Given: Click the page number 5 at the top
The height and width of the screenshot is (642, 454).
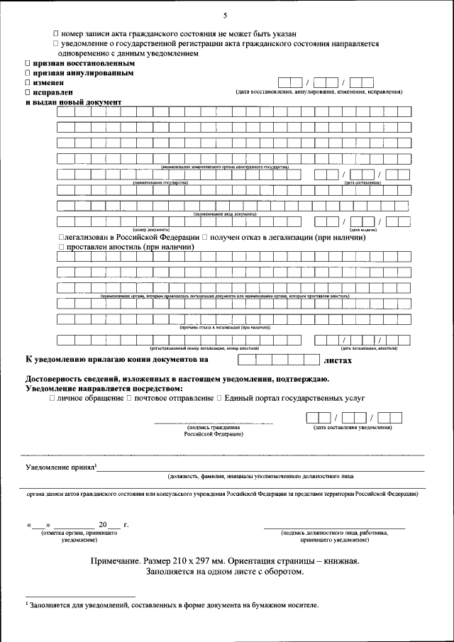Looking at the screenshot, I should pos(225,16).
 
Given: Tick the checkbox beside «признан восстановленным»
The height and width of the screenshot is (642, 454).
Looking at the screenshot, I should pos(28,64).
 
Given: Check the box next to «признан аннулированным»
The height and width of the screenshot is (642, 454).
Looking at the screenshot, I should pos(28,73).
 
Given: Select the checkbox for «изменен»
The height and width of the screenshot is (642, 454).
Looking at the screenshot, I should pos(28,83).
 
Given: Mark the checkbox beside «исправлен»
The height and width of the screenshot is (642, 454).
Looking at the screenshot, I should pos(28,93).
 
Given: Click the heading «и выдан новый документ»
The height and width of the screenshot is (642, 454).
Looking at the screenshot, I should pos(73,103).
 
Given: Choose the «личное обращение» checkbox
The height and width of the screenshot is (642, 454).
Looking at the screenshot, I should pos(52,399).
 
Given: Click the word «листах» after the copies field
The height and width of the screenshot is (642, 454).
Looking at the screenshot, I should pos(338,360).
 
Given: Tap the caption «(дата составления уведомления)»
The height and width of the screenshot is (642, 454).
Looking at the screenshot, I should pos(353,428).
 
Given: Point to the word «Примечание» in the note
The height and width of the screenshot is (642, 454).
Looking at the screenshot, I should pos(118,561).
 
